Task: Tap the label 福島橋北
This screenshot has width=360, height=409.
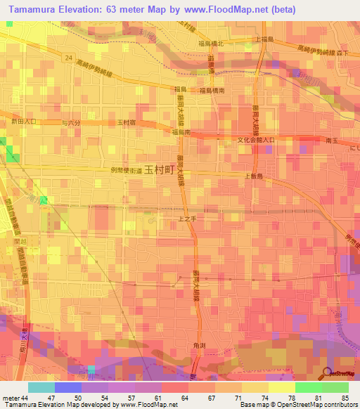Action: tap(211, 44)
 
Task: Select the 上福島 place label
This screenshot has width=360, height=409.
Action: tap(265, 40)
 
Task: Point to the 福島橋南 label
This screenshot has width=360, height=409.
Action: tap(211, 91)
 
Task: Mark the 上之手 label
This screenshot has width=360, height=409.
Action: tap(186, 220)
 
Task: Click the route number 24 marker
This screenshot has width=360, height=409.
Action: tap(67, 57)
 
